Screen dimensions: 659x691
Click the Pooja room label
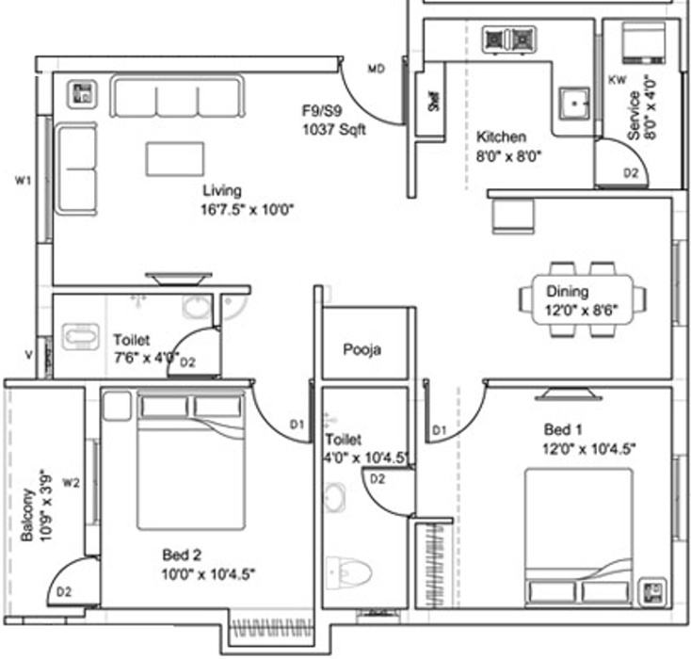[362, 350]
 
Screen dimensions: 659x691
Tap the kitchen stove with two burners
[508, 39]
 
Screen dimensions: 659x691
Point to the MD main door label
[377, 69]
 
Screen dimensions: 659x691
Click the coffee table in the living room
[175, 158]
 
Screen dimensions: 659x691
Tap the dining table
[582, 298]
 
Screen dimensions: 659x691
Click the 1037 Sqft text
[333, 129]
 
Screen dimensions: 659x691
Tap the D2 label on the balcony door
[64, 592]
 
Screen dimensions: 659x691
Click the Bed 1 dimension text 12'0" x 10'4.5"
[590, 449]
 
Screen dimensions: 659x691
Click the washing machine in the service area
[646, 42]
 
